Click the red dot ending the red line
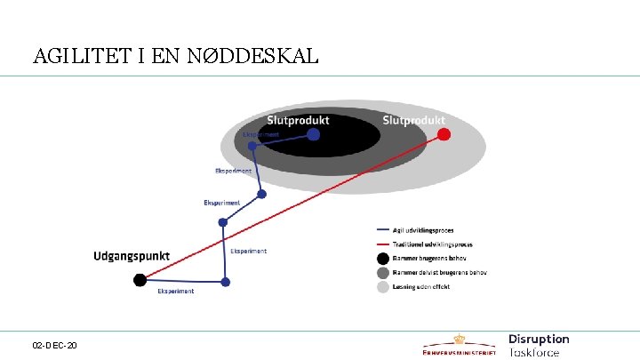(x=444, y=134)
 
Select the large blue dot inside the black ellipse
(x=313, y=134)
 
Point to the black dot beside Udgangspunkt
(x=140, y=280)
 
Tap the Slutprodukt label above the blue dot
(x=298, y=120)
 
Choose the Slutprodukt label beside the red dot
(x=413, y=120)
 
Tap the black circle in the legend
(x=382, y=259)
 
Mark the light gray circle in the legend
(x=382, y=287)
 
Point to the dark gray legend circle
(x=382, y=273)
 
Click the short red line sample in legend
(x=382, y=244)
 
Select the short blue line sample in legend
(x=382, y=229)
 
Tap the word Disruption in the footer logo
(x=539, y=339)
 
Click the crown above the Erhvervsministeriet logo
(x=460, y=338)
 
